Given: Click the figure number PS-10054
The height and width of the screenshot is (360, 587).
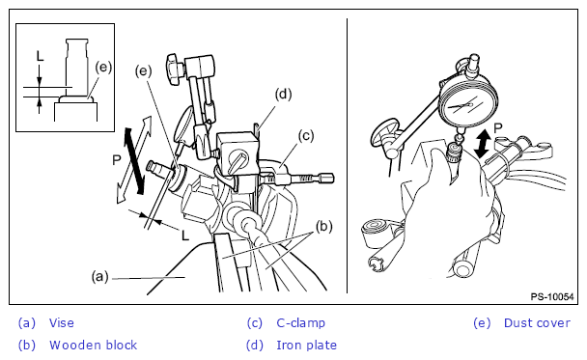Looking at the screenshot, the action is click(552, 297).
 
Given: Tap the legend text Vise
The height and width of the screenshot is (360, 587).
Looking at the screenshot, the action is click(62, 322).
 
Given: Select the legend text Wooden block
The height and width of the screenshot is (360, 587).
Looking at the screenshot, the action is click(94, 345).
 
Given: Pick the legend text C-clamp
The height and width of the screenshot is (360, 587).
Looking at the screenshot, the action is click(300, 322).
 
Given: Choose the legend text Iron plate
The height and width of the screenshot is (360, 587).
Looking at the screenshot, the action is click(306, 345).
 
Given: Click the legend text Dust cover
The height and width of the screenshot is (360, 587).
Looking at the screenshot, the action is click(537, 322).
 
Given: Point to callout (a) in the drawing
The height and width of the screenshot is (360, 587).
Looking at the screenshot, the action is click(100, 277).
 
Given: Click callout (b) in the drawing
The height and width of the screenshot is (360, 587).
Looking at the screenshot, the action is click(323, 227).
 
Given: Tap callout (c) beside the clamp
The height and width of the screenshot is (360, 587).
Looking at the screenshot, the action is click(306, 136).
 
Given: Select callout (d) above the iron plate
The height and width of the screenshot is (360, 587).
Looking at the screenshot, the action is click(284, 94).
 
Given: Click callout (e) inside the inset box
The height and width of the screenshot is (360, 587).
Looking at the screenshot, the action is click(103, 67).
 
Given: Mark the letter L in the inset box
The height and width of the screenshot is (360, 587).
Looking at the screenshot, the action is click(40, 56).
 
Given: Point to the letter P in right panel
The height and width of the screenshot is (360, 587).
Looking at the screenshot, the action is click(497, 128).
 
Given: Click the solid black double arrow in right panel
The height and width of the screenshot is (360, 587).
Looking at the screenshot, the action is click(483, 143).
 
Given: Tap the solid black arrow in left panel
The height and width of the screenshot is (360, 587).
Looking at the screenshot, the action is click(134, 161).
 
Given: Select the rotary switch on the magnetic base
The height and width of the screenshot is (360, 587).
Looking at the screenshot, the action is click(238, 160).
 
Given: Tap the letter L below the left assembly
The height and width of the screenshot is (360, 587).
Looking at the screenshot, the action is click(185, 235).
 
